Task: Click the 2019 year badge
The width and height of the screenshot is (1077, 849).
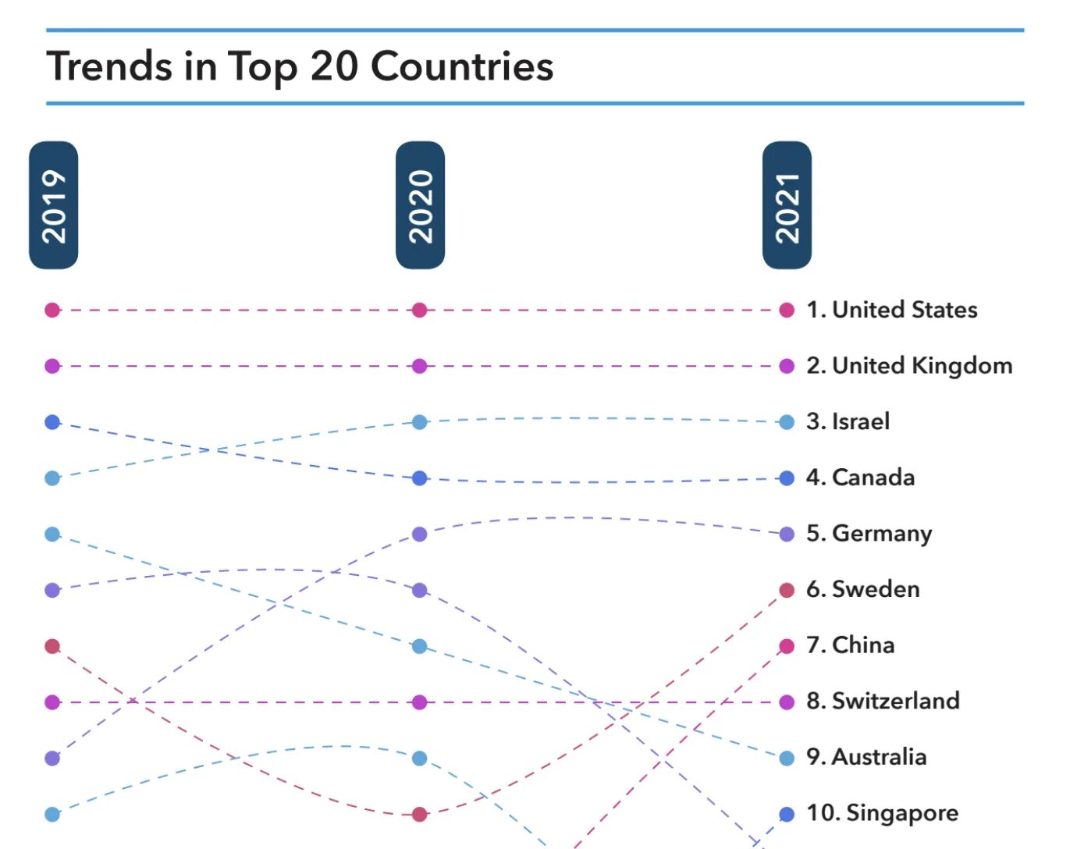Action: (53, 205)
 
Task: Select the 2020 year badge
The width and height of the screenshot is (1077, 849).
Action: (420, 205)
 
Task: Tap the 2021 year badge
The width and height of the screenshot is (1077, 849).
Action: (787, 205)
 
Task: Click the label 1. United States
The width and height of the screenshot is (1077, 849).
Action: (891, 310)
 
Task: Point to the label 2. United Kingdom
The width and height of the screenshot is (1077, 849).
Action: (909, 366)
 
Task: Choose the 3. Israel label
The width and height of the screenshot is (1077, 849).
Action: (848, 421)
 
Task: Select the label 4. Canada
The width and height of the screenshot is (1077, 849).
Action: (860, 478)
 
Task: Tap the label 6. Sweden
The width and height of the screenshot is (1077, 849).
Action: (862, 589)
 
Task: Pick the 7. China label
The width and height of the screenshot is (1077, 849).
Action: (850, 645)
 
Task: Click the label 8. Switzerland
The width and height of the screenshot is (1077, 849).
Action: (883, 701)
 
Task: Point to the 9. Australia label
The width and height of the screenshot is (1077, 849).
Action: (866, 757)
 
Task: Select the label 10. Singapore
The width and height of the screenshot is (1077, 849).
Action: (882, 813)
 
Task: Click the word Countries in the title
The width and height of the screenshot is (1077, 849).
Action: (462, 66)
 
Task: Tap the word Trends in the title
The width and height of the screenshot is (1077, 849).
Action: (109, 66)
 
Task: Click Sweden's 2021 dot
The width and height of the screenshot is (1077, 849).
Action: (787, 590)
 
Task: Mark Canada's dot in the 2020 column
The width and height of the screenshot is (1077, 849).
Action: (420, 478)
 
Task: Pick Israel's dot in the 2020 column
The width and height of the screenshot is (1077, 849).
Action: (420, 422)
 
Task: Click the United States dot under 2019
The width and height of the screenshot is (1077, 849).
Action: (52, 310)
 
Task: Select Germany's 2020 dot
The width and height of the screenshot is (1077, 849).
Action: (420, 534)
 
